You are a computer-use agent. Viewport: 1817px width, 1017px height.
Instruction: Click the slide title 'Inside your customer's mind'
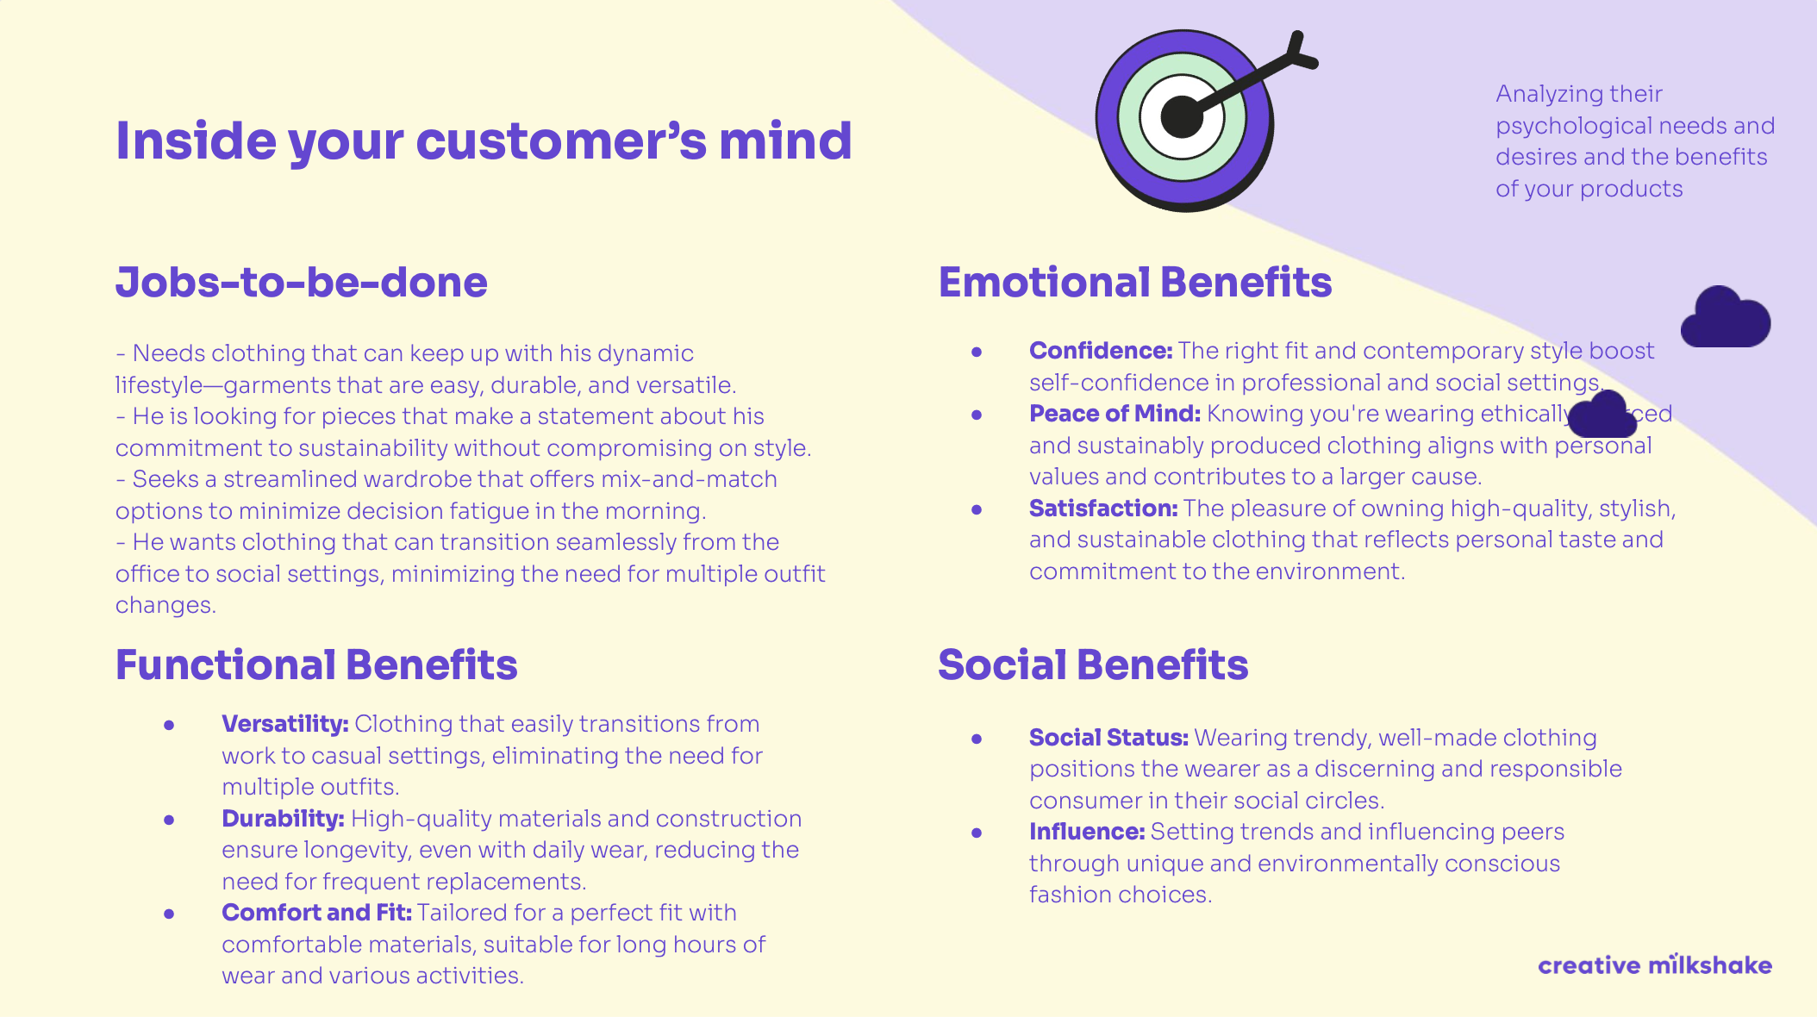point(484,140)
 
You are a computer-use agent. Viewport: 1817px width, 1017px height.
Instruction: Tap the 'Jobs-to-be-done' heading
point(302,283)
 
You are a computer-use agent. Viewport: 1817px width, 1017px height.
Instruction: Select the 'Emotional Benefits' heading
point(1134,283)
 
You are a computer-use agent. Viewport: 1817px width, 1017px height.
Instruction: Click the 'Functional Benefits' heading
point(316,665)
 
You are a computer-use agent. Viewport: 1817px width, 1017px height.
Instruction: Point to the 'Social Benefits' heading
point(1093,665)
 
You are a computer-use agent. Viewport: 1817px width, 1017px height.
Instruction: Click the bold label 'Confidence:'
point(1101,351)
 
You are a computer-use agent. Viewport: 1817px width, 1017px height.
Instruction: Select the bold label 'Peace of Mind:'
point(1115,414)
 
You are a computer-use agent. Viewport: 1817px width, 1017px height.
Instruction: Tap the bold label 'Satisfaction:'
point(1103,508)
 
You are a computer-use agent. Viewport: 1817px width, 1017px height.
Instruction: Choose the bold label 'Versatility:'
point(284,724)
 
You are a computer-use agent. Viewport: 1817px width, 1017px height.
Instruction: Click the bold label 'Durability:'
point(283,819)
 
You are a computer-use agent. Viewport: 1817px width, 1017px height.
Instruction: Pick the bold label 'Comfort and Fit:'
point(316,913)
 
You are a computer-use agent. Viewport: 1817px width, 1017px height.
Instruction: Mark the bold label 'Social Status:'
point(1108,738)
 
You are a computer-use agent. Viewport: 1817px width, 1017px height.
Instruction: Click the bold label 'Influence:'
point(1087,832)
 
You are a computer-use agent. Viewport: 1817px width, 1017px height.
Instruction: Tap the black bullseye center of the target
point(1181,117)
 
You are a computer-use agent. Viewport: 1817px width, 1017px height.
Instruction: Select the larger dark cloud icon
point(1726,319)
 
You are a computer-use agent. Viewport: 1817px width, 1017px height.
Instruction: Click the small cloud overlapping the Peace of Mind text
point(1602,415)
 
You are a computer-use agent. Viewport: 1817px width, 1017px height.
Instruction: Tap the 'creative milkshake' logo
point(1655,965)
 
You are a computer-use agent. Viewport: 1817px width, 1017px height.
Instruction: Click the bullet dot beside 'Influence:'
point(977,833)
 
